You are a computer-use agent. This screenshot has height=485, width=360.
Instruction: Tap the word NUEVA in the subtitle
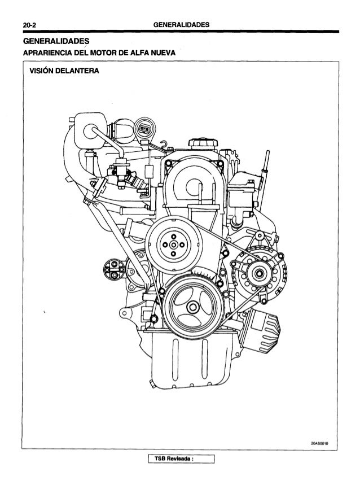(161, 53)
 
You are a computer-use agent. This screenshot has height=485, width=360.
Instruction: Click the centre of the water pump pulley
(174, 243)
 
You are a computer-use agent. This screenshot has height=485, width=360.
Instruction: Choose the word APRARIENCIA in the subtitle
(48, 53)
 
